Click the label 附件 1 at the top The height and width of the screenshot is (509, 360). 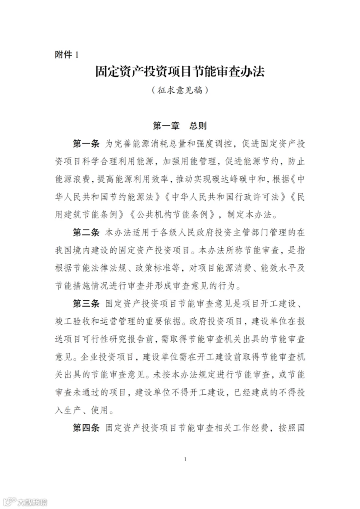coord(66,55)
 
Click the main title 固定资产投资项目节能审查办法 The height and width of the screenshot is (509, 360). coord(180,72)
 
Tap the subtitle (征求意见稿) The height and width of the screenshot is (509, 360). coord(180,90)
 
